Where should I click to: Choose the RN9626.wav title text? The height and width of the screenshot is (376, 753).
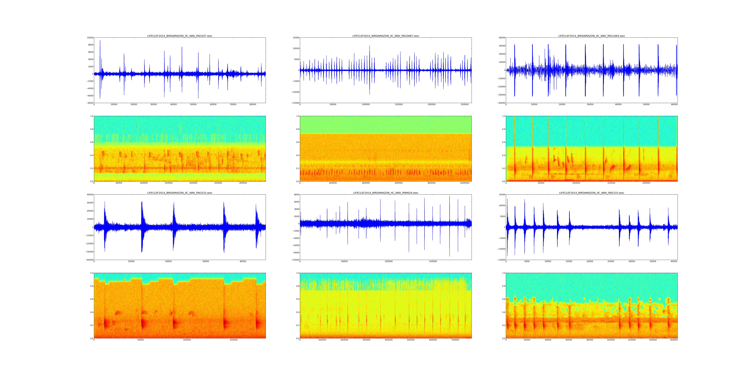pyautogui.click(x=386, y=193)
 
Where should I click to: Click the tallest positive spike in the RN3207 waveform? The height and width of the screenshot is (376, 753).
pyautogui.click(x=100, y=41)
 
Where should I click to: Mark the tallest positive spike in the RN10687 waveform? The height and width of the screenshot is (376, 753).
pyautogui.click(x=369, y=46)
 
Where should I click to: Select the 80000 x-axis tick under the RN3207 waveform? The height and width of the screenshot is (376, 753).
pyautogui.click(x=253, y=105)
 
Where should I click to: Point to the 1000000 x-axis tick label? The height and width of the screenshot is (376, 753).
pyautogui.click(x=464, y=183)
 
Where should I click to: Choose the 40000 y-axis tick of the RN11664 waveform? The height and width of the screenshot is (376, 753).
pyautogui.click(x=502, y=38)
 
